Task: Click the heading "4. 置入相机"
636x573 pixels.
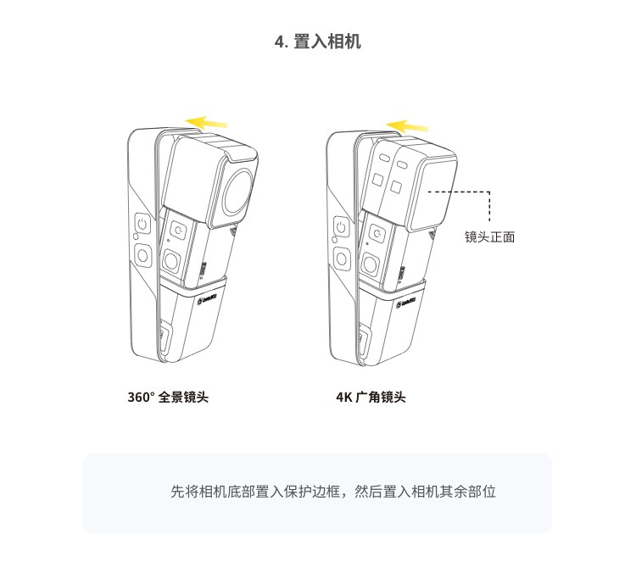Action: click(318, 42)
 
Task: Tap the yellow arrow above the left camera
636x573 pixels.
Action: click(206, 122)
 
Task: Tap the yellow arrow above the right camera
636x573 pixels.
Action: click(407, 126)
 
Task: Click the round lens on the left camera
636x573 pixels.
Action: click(238, 192)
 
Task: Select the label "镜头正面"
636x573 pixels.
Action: click(489, 236)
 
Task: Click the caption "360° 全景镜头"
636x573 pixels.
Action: click(168, 397)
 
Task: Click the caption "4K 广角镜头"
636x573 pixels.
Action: click(371, 397)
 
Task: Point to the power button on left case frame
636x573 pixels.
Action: click(142, 224)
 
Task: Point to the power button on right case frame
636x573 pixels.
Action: click(341, 227)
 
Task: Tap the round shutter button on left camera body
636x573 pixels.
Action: click(171, 262)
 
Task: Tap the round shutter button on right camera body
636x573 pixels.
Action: click(371, 264)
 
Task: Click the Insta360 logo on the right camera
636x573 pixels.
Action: click(405, 303)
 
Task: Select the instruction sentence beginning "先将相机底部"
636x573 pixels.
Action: click(333, 492)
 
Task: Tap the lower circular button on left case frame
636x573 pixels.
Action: click(142, 256)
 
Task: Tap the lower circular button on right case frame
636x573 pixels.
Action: click(342, 259)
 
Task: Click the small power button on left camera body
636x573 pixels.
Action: click(178, 231)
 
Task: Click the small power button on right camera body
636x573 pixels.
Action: click(377, 234)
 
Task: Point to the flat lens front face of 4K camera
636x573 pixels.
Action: click(432, 192)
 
